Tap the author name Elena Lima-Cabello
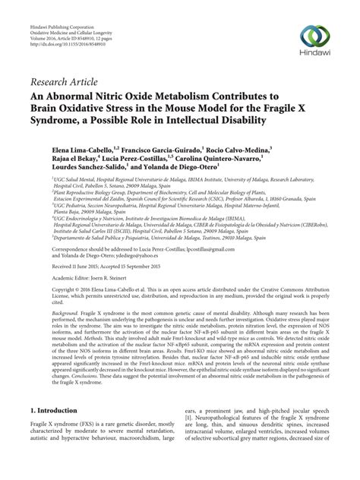point(81,143)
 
